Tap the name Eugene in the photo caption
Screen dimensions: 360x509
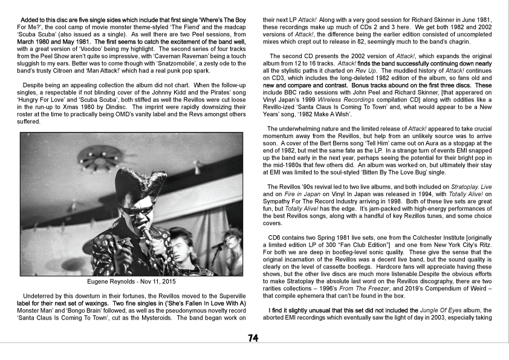[x=100, y=282]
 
